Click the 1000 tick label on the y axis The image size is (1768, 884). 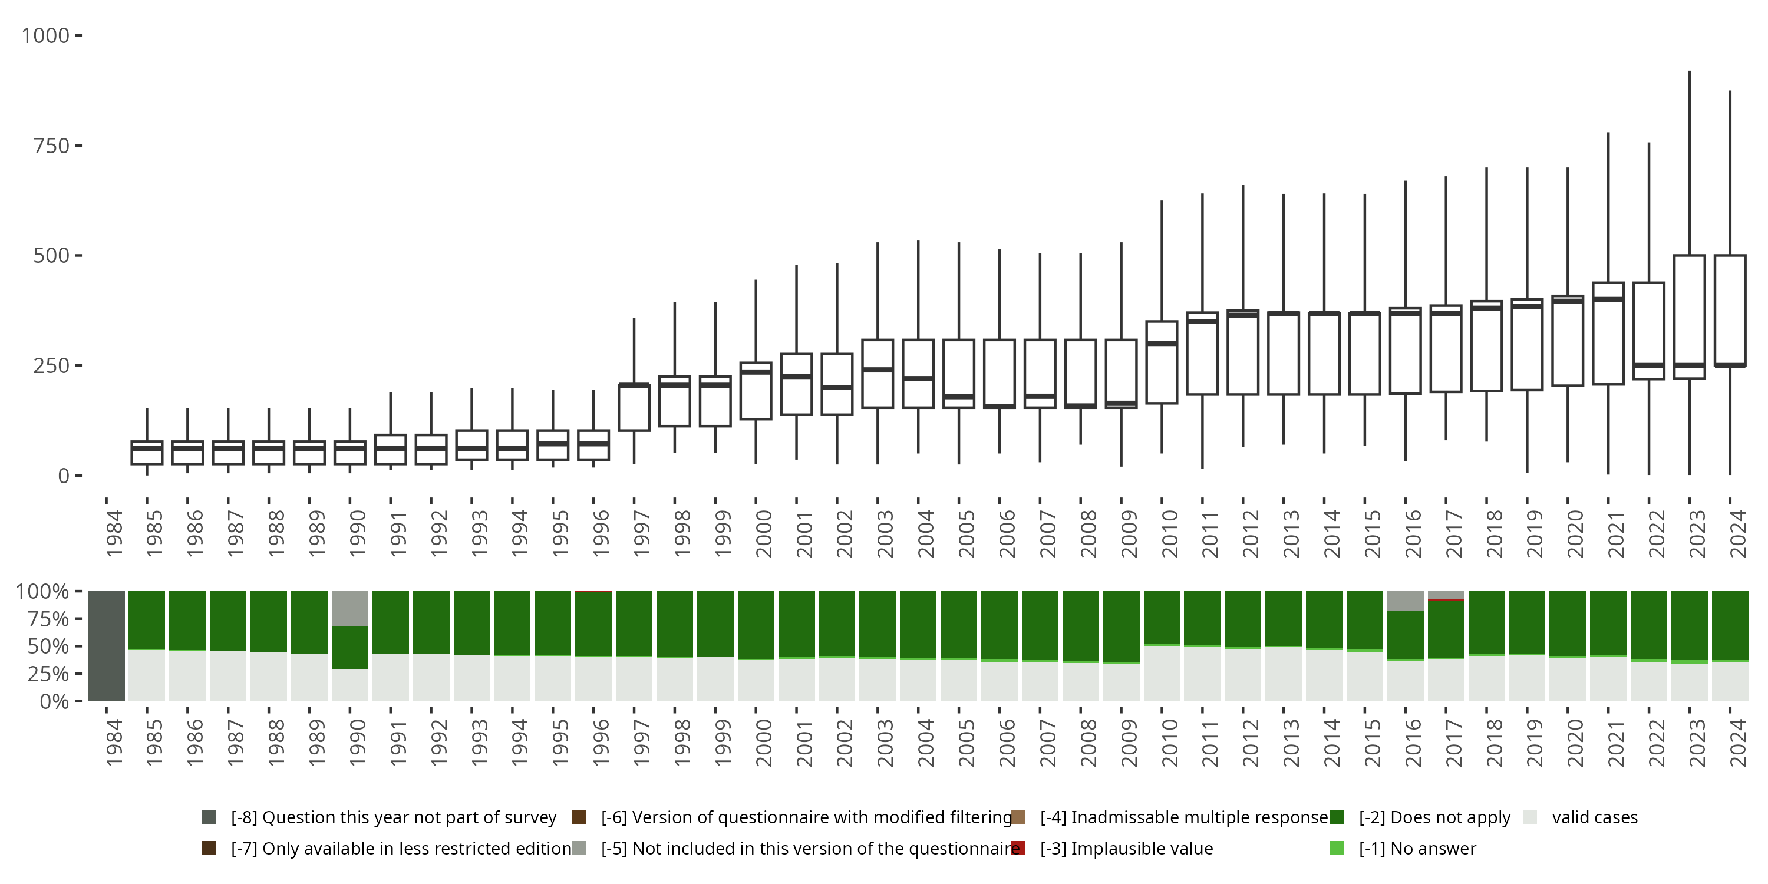[x=45, y=36]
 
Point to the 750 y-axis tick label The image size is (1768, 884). [x=51, y=146]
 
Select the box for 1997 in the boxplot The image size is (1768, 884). [x=634, y=408]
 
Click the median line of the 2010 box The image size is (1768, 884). [x=1161, y=343]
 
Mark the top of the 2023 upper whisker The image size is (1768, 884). [x=1689, y=71]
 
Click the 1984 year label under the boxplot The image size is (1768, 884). [x=114, y=533]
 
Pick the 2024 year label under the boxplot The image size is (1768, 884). [x=1738, y=533]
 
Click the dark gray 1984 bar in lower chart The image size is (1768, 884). [x=107, y=646]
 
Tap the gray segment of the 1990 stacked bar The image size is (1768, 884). [x=350, y=609]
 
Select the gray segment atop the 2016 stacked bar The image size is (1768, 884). [x=1405, y=601]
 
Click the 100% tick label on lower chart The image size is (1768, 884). [x=42, y=592]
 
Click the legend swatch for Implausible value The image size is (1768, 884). [x=1018, y=848]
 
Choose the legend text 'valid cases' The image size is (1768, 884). [x=1594, y=817]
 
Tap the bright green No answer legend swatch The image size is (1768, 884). [x=1336, y=848]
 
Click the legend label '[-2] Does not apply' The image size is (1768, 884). [x=1434, y=817]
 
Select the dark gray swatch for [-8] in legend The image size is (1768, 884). [x=209, y=817]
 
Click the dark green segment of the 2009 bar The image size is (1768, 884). [x=1121, y=626]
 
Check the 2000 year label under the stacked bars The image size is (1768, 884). [x=764, y=743]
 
